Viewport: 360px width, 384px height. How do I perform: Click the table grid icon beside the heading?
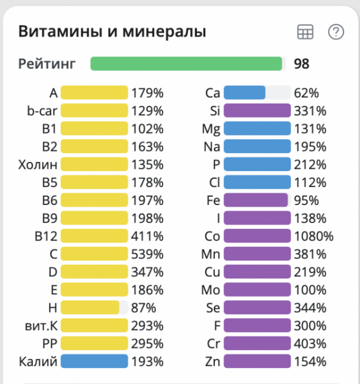(305, 33)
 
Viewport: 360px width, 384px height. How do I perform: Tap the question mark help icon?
(336, 33)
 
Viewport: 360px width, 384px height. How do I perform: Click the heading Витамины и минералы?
(112, 32)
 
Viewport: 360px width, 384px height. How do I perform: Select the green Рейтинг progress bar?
(186, 64)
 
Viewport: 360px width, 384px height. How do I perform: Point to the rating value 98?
(301, 64)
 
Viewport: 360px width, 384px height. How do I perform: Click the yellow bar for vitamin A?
(94, 93)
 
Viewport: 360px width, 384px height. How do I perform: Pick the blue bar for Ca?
(245, 93)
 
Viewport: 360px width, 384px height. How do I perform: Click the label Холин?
(38, 164)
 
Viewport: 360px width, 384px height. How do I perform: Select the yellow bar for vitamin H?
(90, 308)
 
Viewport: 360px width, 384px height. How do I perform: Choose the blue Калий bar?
(94, 361)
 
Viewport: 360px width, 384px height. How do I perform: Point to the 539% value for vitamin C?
(147, 254)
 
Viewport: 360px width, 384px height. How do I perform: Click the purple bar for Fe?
(256, 200)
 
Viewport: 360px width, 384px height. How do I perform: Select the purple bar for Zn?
(257, 361)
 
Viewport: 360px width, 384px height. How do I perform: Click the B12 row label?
(46, 236)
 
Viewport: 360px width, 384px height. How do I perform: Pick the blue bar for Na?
(257, 147)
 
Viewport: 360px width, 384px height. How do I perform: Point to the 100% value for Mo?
(310, 290)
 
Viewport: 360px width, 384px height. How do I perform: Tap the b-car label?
(42, 111)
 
